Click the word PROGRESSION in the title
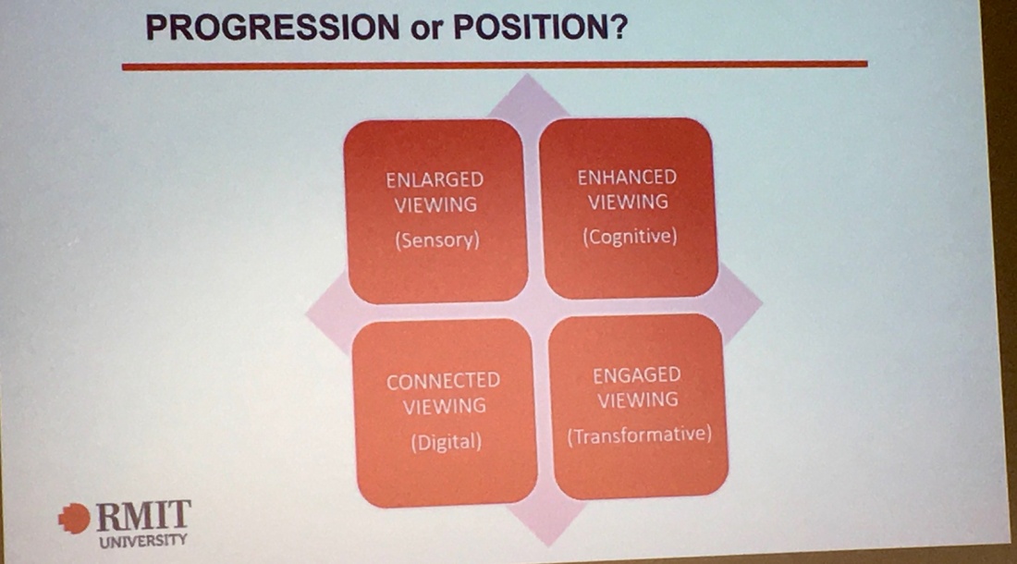point(273,28)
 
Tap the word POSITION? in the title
point(540,27)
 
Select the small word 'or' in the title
point(426,31)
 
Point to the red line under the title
point(495,66)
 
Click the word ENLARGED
point(435,179)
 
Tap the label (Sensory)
point(437,240)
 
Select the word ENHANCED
point(627,177)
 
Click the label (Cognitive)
point(630,237)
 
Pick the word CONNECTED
point(444,381)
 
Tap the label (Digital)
point(447,442)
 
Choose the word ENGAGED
point(637,375)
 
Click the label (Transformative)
point(640,435)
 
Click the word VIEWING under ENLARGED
point(435,205)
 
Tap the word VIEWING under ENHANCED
point(628,202)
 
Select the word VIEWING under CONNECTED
point(445,407)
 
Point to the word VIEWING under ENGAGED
point(638,400)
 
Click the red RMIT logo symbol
point(74,519)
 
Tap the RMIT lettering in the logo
point(143,516)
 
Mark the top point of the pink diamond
point(527,74)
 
